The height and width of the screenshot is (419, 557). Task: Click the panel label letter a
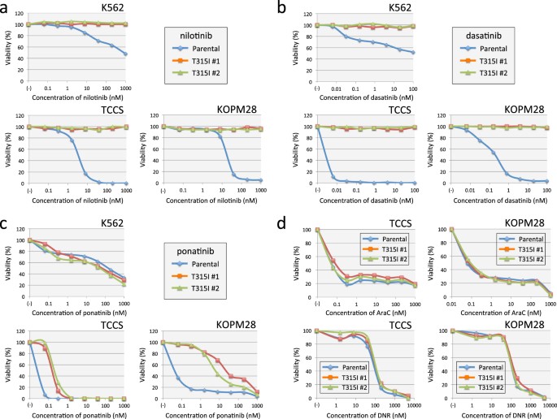click(x=7, y=7)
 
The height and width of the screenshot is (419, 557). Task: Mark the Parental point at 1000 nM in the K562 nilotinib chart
click(x=127, y=54)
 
